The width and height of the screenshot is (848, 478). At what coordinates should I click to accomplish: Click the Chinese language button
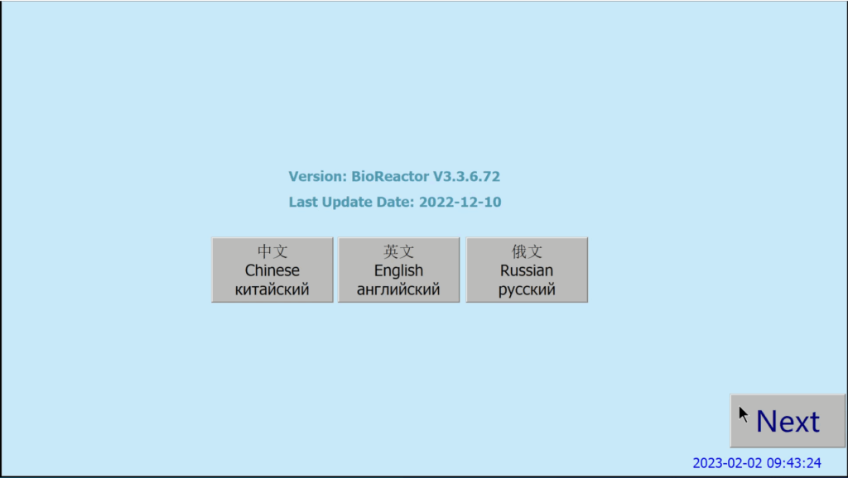click(x=272, y=270)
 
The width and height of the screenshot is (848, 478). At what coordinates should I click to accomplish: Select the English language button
click(x=398, y=270)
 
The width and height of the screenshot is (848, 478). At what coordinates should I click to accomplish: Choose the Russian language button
click(x=527, y=270)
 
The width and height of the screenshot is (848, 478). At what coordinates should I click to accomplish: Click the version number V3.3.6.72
click(x=466, y=176)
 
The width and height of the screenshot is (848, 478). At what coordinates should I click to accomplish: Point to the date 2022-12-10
click(x=460, y=202)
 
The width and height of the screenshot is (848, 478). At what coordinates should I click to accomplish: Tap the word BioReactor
click(x=390, y=176)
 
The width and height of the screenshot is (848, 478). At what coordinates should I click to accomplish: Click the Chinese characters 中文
click(x=272, y=251)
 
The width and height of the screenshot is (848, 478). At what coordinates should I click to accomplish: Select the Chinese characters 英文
click(x=398, y=251)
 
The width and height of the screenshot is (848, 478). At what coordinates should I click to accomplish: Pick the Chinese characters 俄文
click(x=527, y=251)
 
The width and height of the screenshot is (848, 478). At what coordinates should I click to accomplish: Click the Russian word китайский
click(x=272, y=290)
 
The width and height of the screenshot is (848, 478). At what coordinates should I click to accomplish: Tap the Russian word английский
click(x=398, y=290)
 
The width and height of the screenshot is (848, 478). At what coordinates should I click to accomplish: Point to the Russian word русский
click(x=527, y=290)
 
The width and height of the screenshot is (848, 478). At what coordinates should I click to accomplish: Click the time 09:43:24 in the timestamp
click(x=794, y=463)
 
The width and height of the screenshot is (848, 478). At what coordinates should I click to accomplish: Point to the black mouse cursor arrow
click(x=744, y=414)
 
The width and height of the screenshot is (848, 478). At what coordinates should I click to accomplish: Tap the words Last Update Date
click(x=352, y=202)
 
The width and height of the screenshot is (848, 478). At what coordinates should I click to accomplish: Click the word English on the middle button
click(x=398, y=270)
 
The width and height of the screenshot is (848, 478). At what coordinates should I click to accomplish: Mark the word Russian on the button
click(x=527, y=270)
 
